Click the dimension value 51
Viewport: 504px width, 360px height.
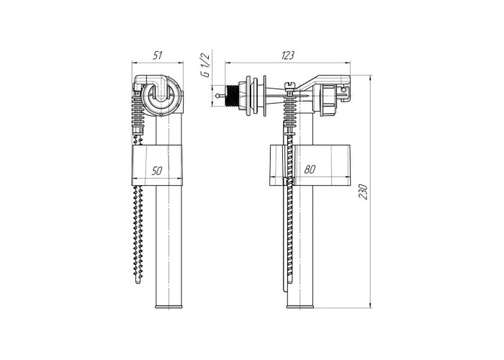[157, 55]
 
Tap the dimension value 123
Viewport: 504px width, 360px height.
[287, 55]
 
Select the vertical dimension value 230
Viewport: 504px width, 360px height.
[363, 192]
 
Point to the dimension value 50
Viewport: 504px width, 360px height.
[157, 171]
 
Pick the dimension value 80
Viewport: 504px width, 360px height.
[310, 169]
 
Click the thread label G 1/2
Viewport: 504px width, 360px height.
[205, 65]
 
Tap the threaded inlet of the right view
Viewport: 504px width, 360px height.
[232, 96]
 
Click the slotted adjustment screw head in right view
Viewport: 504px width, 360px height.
[289, 84]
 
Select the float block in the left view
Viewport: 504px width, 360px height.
[157, 165]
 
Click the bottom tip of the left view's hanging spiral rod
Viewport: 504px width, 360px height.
[138, 282]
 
